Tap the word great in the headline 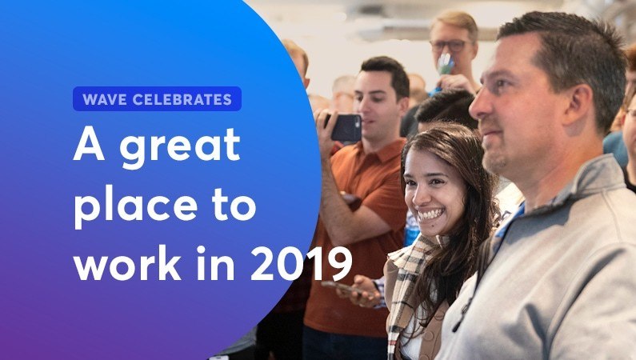(180, 147)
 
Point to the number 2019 (302, 263)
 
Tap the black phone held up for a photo (345, 127)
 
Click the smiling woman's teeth (430, 214)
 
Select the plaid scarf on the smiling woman (406, 284)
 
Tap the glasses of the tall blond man (450, 46)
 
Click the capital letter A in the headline (90, 146)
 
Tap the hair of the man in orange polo (386, 72)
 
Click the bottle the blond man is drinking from (445, 65)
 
